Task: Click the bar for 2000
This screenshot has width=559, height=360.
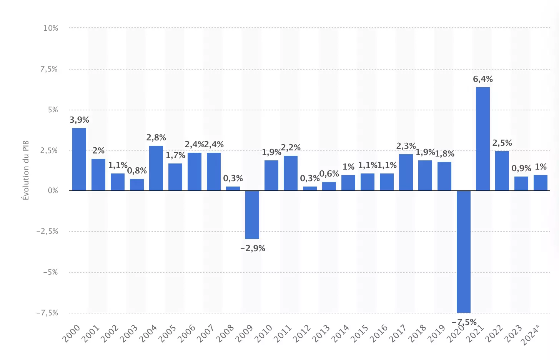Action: (79, 159)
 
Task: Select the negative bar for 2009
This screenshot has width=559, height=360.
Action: (252, 215)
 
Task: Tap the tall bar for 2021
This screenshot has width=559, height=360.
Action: (483, 139)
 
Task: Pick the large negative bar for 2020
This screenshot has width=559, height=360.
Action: (464, 252)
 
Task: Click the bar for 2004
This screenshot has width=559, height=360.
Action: (156, 168)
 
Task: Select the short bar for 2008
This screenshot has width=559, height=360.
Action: (233, 188)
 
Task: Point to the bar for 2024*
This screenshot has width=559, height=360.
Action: (541, 183)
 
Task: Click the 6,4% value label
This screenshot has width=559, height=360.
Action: (483, 79)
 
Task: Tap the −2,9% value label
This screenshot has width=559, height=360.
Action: (253, 248)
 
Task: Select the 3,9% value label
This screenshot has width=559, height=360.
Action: (79, 120)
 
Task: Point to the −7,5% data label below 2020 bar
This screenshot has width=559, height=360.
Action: (464, 322)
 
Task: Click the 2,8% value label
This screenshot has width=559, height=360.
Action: (156, 138)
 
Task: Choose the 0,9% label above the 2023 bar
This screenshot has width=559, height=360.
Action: (521, 168)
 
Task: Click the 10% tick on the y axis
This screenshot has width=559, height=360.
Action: (51, 28)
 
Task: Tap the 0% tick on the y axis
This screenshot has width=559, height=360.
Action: (53, 191)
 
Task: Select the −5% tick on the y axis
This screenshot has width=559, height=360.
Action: (50, 272)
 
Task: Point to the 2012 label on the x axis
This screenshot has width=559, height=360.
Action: (302, 333)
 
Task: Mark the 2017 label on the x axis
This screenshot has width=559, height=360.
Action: (398, 333)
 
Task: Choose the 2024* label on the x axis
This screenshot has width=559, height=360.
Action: (531, 334)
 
